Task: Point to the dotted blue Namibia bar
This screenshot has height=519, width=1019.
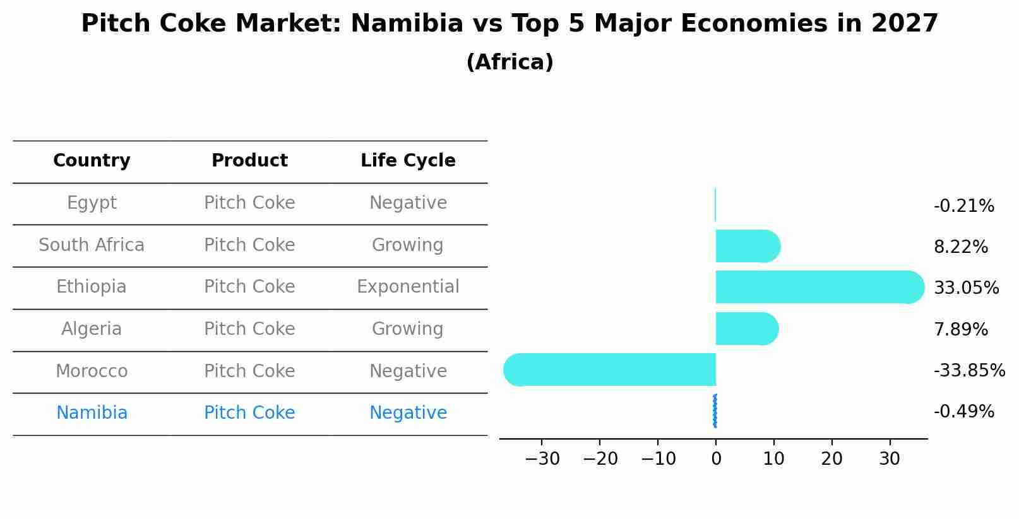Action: pos(715,411)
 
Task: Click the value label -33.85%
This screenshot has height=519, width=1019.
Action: pos(969,371)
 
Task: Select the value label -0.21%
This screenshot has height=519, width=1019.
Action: pos(963,206)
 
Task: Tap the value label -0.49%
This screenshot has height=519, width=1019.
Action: pos(963,412)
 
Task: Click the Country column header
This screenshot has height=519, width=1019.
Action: pos(92,161)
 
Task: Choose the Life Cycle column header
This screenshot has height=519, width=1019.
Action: pos(408,161)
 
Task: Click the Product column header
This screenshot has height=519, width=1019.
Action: pos(249,161)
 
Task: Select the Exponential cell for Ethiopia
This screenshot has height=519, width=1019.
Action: pos(408,287)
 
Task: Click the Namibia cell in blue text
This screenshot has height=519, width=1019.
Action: pos(92,413)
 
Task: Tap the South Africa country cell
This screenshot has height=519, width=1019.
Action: pos(92,245)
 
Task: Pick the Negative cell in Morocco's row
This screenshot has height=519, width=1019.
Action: pos(408,371)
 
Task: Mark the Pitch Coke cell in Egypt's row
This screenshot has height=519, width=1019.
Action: pos(249,203)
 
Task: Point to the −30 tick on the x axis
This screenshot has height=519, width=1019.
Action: pos(542,459)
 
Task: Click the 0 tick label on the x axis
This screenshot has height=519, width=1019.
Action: pos(716,459)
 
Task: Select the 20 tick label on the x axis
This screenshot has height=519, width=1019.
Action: pos(831,459)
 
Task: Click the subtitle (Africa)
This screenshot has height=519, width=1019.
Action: pos(509,62)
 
